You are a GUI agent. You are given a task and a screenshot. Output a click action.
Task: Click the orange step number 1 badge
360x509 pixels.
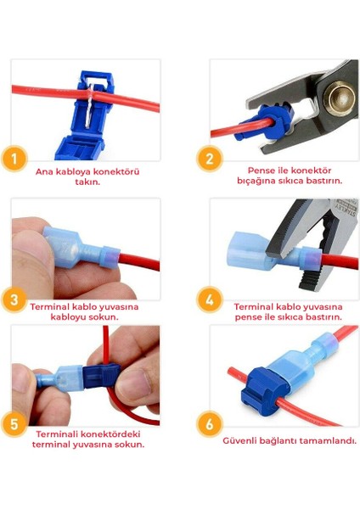coord(14,159)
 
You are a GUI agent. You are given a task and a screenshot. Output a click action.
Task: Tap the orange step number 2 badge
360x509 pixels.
coord(210,159)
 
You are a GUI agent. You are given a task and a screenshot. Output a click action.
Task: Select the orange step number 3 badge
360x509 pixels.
coord(14,299)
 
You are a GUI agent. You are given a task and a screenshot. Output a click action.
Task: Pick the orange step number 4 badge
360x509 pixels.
coord(210,299)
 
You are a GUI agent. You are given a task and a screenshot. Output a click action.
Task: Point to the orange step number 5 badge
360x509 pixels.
coord(14,424)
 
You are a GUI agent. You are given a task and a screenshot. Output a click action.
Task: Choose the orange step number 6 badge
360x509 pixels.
coord(210,424)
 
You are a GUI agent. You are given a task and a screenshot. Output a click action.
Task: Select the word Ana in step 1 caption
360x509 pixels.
coord(44,171)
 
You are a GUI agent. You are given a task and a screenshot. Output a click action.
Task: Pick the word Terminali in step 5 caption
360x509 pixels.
coord(57,434)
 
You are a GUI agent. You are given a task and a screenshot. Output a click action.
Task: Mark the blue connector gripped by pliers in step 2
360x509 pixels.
coord(266,120)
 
